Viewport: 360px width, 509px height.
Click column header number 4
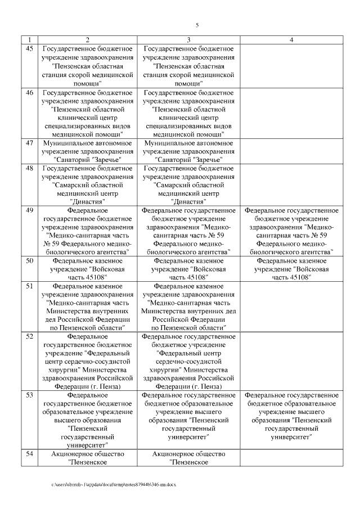pos(291,40)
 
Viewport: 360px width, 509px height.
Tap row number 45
pos(30,49)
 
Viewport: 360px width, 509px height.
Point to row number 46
pos(30,92)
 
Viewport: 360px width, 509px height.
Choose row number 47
pos(30,143)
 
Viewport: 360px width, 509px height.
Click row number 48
pos(30,168)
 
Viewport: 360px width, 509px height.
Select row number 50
pos(30,261)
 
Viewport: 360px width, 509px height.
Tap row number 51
pos(30,286)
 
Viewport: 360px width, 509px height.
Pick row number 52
pos(30,336)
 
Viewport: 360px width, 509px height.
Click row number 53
pos(30,395)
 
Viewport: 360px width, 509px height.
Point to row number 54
pos(30,454)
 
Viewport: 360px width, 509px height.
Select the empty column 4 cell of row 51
pos(291,307)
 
